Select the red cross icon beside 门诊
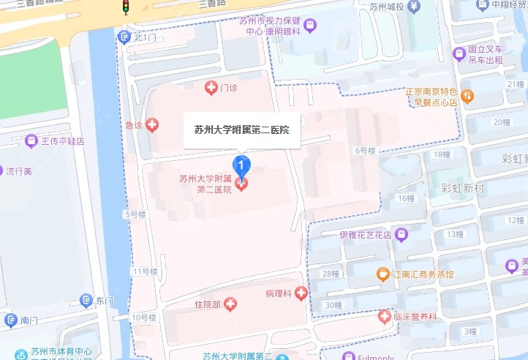(x=211, y=89)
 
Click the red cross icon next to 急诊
(x=152, y=125)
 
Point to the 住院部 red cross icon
(x=230, y=303)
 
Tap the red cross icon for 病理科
(x=301, y=293)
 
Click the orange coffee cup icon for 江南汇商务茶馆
(x=382, y=274)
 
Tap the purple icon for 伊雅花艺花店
(x=401, y=235)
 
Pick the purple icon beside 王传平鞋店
(x=31, y=140)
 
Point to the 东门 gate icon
(x=87, y=301)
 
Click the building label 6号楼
(x=365, y=151)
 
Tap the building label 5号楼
(x=136, y=214)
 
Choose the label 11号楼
(x=143, y=271)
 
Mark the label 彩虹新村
(x=463, y=188)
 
